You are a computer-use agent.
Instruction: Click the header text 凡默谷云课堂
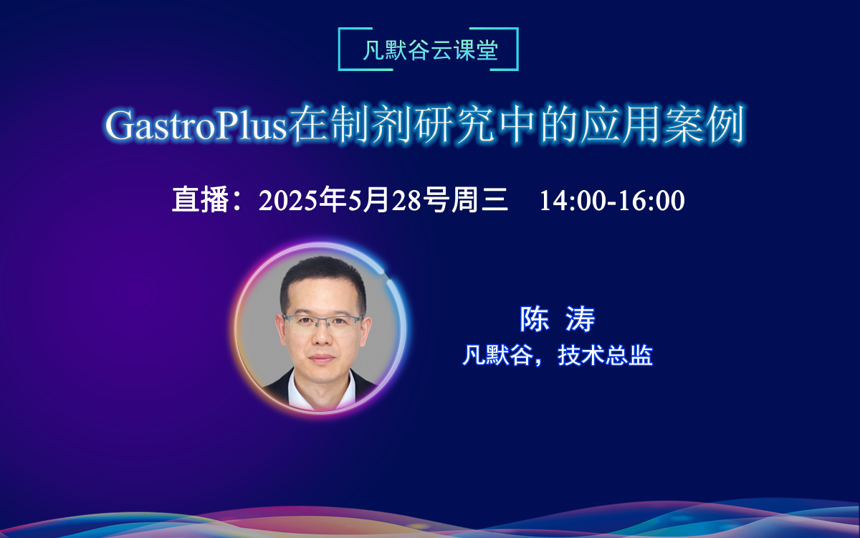[x=429, y=51]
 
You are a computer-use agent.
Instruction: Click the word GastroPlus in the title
[x=195, y=126]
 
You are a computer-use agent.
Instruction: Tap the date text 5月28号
[x=392, y=200]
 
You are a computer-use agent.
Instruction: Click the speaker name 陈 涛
[x=558, y=320]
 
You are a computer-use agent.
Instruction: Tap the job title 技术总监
[x=606, y=355]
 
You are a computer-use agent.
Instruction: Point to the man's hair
[x=322, y=276]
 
